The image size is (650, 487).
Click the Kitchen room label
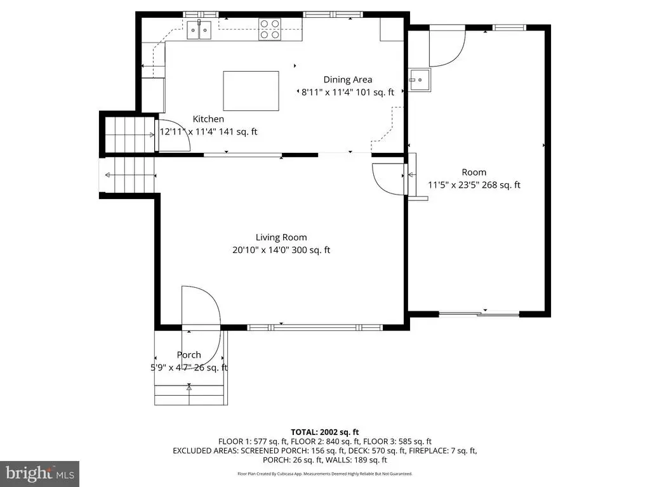click(x=208, y=119)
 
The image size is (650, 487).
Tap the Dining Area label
click(x=348, y=79)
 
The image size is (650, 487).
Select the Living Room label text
click(x=281, y=237)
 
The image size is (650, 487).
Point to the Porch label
click(x=189, y=355)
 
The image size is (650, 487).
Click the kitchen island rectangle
click(x=251, y=91)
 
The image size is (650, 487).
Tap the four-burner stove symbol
click(x=270, y=29)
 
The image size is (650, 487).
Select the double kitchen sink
click(x=199, y=30)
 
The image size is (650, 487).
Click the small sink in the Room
click(x=420, y=80)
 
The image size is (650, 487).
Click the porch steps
click(x=190, y=395)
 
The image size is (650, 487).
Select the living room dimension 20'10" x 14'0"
click(x=281, y=250)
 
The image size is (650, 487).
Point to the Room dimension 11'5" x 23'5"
click(x=474, y=185)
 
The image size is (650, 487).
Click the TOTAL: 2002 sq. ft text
click(x=324, y=432)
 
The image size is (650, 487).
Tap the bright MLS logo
click(x=40, y=474)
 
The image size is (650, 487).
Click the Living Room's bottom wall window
click(x=315, y=328)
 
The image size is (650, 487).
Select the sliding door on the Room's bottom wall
click(x=479, y=314)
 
